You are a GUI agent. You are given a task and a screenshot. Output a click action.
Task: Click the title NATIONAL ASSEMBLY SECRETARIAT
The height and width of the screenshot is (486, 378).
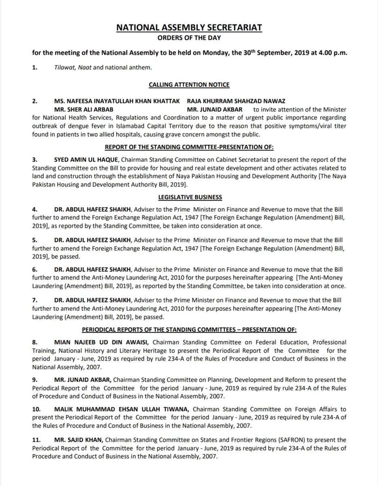point(189,28)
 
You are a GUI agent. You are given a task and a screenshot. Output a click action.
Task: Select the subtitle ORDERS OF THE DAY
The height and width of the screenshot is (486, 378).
point(189,38)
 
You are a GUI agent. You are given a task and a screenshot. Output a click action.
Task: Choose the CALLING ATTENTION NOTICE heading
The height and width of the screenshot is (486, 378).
point(189,84)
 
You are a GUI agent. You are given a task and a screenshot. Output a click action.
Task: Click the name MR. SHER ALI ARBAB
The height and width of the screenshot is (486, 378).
point(84,109)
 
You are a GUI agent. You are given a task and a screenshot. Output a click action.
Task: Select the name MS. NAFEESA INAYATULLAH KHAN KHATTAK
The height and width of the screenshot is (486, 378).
point(117,100)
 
